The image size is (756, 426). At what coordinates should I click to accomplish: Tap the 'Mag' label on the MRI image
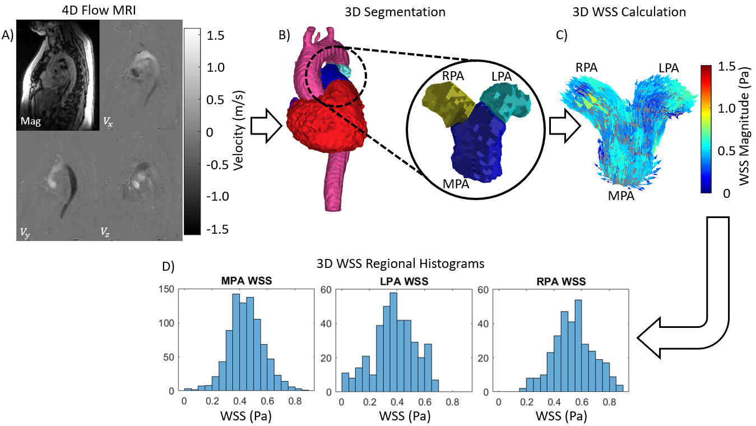coord(30,120)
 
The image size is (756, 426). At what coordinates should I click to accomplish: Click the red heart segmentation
coord(325,121)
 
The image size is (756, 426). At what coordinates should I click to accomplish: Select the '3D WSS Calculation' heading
coord(636,11)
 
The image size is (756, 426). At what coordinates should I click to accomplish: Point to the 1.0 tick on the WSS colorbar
coord(730,109)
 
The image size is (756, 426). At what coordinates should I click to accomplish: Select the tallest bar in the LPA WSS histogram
coord(393,341)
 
